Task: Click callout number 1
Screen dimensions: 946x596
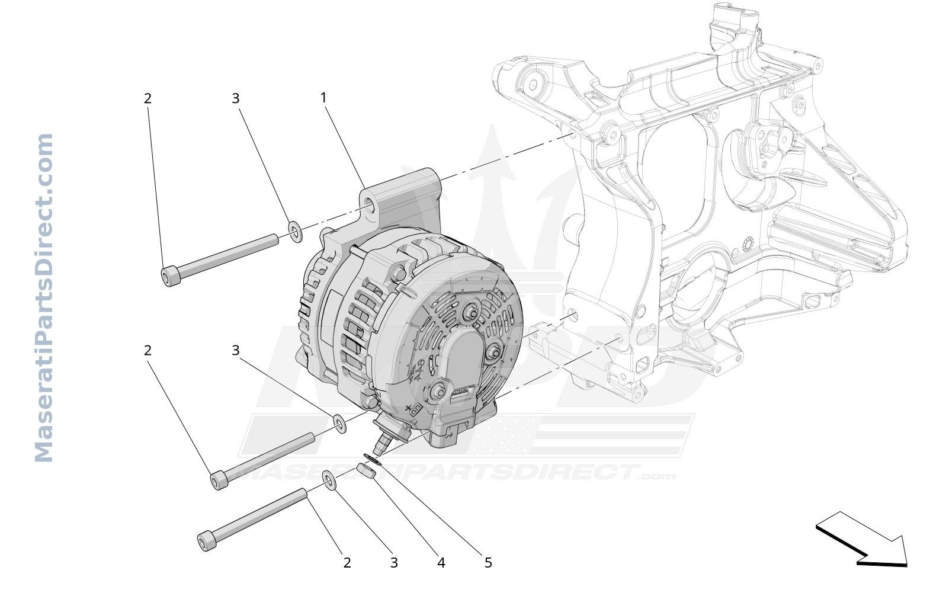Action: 323,98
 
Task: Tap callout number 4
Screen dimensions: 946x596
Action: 441,563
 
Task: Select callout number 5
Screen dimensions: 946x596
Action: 488,563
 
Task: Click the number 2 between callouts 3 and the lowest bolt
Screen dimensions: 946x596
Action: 347,563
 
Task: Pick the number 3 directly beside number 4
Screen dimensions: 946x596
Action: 394,563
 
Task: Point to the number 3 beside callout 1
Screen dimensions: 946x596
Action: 236,98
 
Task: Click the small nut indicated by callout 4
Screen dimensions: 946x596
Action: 365,470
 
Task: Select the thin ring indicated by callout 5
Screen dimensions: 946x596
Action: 373,459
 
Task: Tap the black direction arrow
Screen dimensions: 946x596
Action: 861,540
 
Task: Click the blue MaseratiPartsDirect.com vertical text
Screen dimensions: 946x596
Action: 44,298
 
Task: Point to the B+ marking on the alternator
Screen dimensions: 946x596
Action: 414,409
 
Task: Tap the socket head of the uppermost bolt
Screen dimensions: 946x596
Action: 171,276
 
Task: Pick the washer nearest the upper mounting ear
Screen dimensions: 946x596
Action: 295,232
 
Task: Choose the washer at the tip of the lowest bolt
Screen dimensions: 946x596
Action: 329,481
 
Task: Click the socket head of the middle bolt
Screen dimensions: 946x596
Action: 220,480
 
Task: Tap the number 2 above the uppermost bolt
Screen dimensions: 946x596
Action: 147,98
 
